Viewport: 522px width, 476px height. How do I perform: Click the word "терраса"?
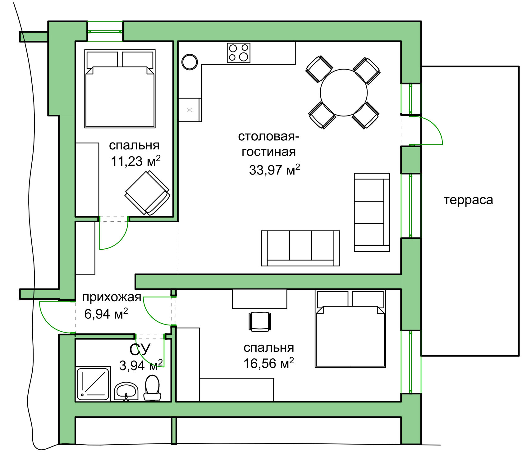(x=468, y=200)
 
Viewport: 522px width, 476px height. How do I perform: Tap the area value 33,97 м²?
(x=274, y=170)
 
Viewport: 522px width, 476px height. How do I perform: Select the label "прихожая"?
(x=112, y=297)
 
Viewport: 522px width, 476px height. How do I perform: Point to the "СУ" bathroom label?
(x=140, y=350)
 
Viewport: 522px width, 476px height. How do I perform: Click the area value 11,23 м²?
(x=135, y=161)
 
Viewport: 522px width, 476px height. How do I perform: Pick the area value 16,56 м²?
(x=268, y=363)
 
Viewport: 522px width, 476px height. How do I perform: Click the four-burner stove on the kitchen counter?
(x=238, y=53)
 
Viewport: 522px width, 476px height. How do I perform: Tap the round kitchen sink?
(x=190, y=62)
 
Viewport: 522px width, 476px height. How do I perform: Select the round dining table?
(x=344, y=93)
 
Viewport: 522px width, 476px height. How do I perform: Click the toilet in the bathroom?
(x=152, y=388)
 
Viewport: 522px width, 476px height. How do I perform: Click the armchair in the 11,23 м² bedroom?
(x=147, y=193)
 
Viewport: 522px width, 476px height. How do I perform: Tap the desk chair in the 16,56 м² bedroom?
(x=259, y=322)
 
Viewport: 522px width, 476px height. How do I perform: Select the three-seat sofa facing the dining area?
(x=300, y=248)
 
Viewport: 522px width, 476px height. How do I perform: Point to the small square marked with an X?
(x=189, y=110)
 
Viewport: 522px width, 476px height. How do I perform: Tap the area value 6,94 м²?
(x=106, y=314)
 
